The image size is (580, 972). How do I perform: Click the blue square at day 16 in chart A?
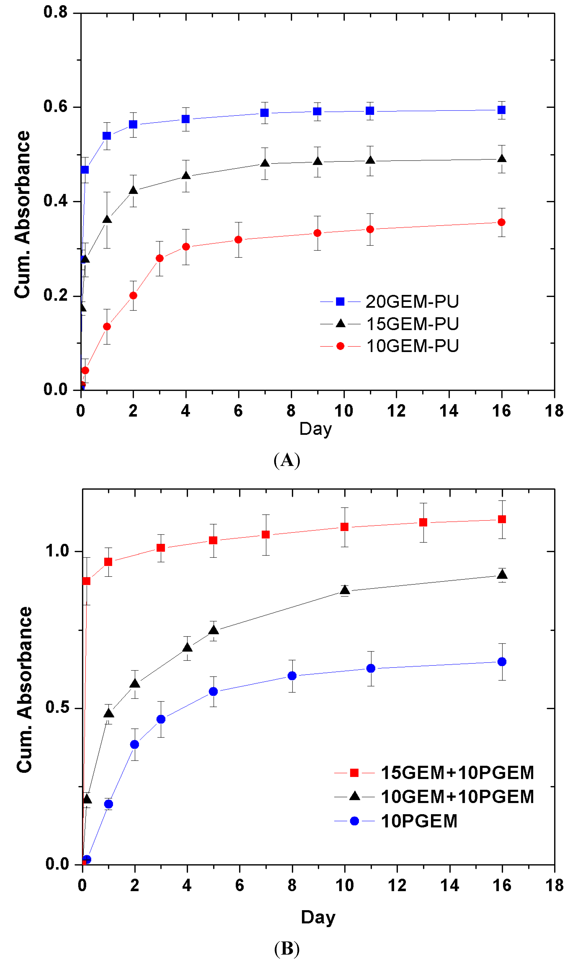[x=501, y=110]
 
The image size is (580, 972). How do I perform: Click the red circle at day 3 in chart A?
[x=159, y=258]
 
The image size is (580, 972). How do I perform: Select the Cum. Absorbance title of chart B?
[x=24, y=689]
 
